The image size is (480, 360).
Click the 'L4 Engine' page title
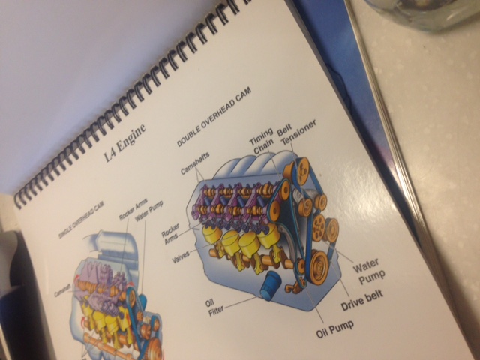[x=127, y=147]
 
